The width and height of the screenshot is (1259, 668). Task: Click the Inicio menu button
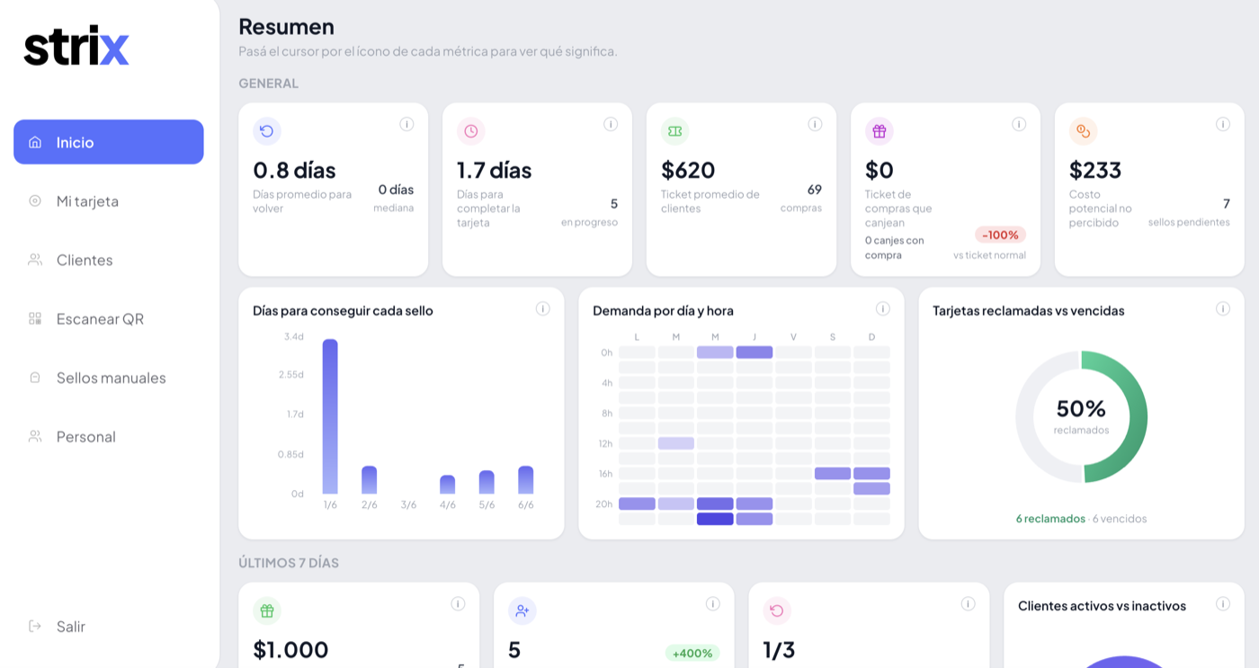[x=109, y=141]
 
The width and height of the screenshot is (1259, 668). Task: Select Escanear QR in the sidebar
[x=86, y=318]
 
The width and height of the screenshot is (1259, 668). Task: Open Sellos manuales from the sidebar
[x=97, y=378]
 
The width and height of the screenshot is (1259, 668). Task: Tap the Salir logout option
[x=57, y=626]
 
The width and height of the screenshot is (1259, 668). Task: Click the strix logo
[x=76, y=46]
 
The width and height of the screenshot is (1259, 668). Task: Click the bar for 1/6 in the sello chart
[x=330, y=416]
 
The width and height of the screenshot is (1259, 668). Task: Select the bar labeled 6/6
[x=525, y=480]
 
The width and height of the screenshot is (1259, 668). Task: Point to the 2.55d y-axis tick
[x=291, y=374]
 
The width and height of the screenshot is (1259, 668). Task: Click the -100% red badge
[x=1000, y=235]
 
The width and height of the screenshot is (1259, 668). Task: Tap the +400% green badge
[x=692, y=653]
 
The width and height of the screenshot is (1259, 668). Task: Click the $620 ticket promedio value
[x=688, y=170]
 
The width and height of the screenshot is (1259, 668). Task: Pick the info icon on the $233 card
[x=1222, y=124]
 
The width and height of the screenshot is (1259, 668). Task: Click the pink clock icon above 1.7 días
[x=471, y=131]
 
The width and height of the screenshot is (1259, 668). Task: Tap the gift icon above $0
[x=880, y=131]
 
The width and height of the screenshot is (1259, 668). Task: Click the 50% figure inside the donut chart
[x=1081, y=408]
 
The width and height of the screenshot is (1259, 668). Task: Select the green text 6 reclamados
[x=1050, y=519]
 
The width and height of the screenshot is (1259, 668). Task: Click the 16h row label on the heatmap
[x=605, y=474]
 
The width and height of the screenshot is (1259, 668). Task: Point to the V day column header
[x=793, y=337]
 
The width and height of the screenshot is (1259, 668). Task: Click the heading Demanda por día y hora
[x=664, y=311]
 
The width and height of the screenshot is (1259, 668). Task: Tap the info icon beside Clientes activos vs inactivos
[x=1222, y=604]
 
